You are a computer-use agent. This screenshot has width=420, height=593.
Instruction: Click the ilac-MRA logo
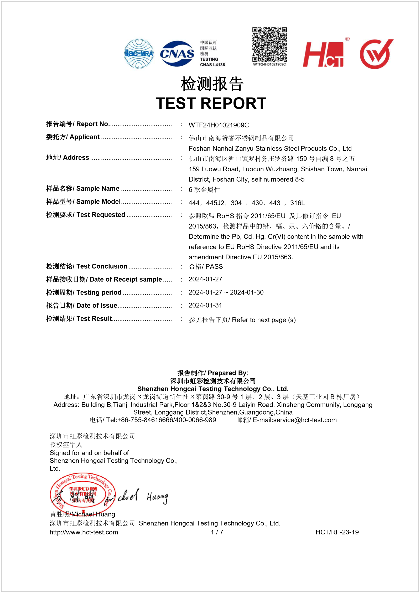pos(139,54)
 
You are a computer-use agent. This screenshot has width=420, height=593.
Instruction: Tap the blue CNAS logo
pos(177,54)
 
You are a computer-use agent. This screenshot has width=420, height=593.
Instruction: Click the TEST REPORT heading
pos(211,103)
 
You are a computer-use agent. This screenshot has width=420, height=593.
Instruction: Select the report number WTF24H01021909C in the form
pos(219,125)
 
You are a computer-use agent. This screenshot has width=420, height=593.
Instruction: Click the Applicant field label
pos(73,137)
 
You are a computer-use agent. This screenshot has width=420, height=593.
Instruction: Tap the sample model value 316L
pos(297,203)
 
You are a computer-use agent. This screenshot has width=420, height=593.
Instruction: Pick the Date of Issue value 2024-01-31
pos(205,305)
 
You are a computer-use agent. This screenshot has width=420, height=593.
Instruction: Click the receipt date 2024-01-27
pos(205,279)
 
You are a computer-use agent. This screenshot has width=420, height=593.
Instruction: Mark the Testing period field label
pos(84,292)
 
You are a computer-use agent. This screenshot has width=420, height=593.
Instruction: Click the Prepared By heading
pos(213,373)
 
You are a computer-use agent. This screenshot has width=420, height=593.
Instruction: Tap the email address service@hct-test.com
pos(305,420)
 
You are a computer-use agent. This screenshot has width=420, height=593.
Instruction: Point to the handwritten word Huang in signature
pos(157,497)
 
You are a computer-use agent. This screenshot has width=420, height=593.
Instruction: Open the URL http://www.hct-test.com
pos(84,532)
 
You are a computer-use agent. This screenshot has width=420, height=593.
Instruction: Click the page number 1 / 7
pos(217,532)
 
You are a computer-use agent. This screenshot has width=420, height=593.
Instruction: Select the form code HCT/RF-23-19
pos(337,532)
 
